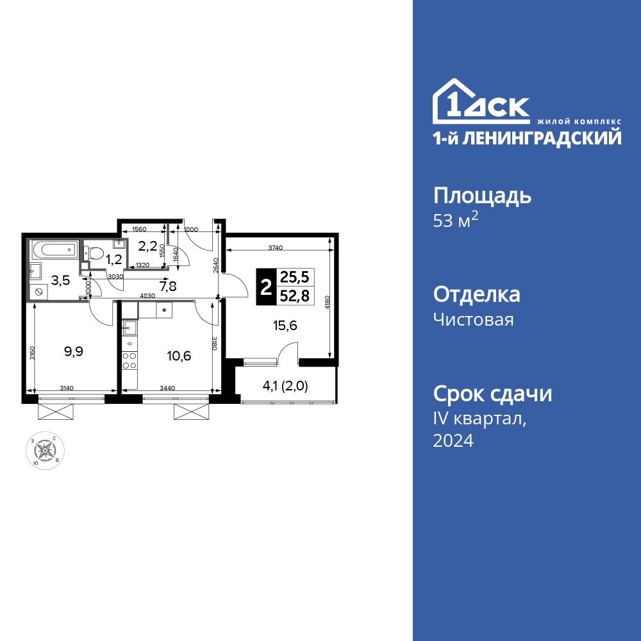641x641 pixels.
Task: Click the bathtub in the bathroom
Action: tap(54, 249)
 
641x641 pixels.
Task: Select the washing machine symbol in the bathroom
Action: tap(39, 291)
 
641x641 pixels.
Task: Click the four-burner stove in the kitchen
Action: tap(129, 361)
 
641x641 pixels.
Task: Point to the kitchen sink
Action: tap(129, 329)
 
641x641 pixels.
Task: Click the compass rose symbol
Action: tap(46, 450)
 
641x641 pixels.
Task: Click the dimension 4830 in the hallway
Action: tap(149, 296)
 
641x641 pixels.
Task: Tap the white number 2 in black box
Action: tap(265, 287)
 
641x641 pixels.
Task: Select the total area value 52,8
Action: tap(294, 295)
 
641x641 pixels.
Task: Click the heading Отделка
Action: tap(476, 295)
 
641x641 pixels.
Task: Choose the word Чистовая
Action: tap(473, 319)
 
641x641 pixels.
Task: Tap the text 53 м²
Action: tap(456, 221)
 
